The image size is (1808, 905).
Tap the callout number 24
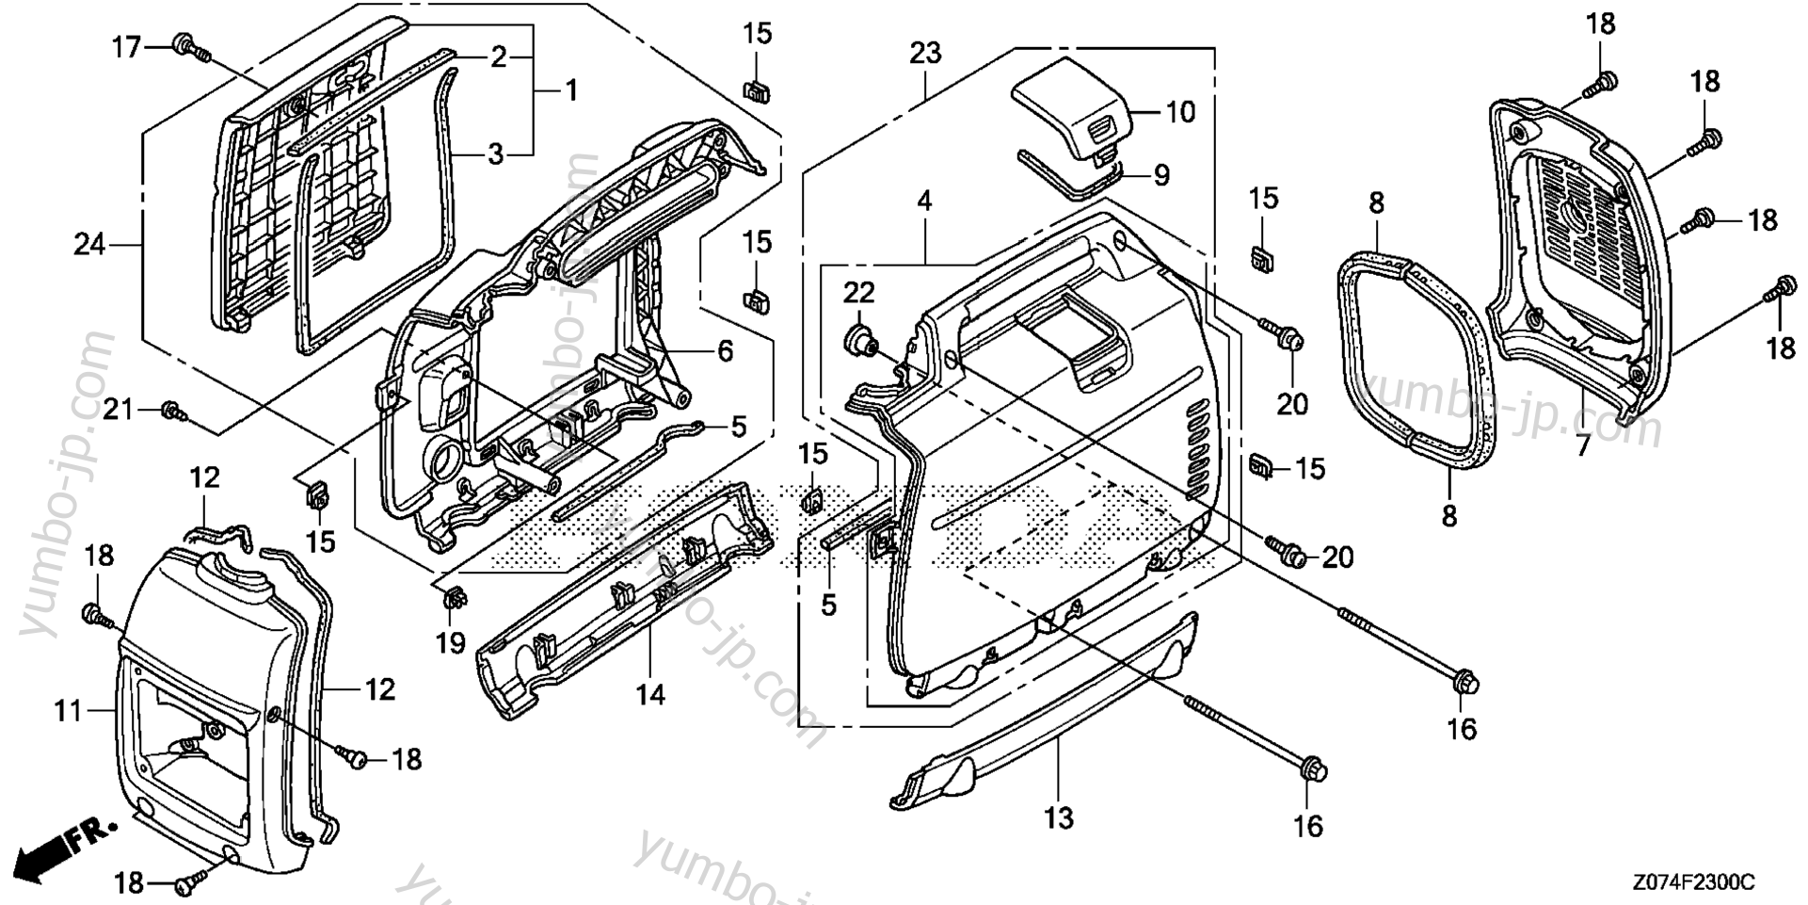(90, 246)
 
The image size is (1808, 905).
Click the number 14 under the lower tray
(649, 695)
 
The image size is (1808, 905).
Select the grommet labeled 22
(856, 336)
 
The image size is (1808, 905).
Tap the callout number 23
(925, 54)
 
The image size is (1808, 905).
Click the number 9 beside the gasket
(1160, 175)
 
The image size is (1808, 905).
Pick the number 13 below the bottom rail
(1059, 817)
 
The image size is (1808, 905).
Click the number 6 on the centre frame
(724, 351)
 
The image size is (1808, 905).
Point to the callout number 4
(924, 201)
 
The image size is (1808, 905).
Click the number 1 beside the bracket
(570, 91)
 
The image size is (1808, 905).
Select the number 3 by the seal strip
(496, 154)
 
